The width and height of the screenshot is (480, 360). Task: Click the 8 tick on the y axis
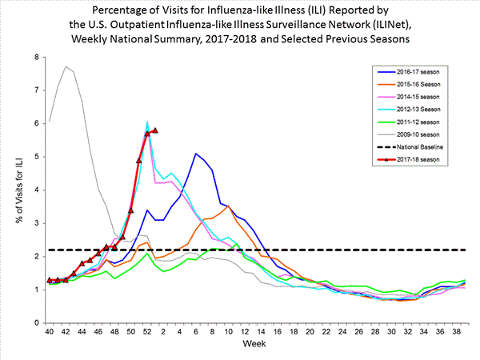pyautogui.click(x=36, y=58)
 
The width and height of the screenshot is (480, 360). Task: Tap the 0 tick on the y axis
pyautogui.click(x=36, y=322)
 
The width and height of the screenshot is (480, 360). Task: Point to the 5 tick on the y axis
pyautogui.click(x=36, y=157)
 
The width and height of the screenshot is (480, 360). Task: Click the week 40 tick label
pyautogui.click(x=50, y=332)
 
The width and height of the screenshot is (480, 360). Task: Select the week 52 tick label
pyautogui.click(x=147, y=332)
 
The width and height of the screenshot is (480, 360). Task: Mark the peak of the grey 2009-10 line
pyautogui.click(x=66, y=66)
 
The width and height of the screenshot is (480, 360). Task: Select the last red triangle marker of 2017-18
pyautogui.click(x=155, y=130)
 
